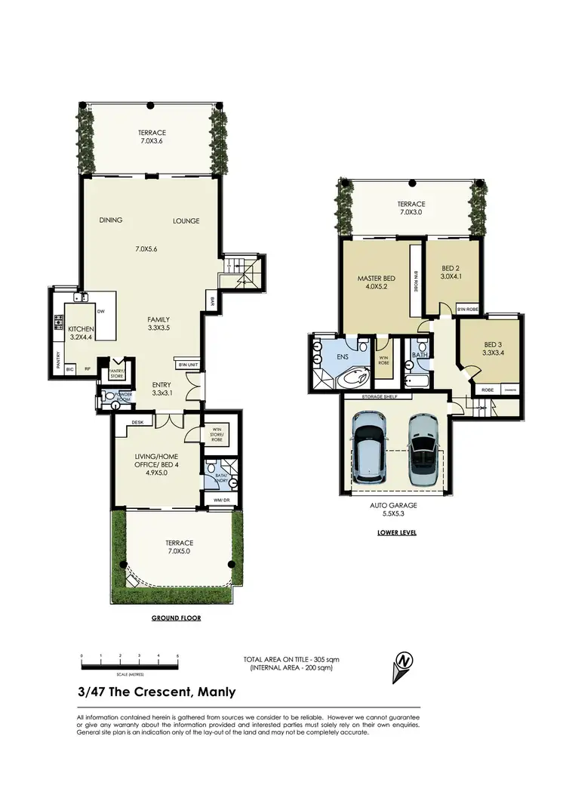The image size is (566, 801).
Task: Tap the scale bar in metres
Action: (x=129, y=665)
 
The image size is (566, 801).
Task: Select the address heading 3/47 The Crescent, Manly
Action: (x=156, y=692)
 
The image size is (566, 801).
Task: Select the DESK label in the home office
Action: (x=137, y=422)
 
